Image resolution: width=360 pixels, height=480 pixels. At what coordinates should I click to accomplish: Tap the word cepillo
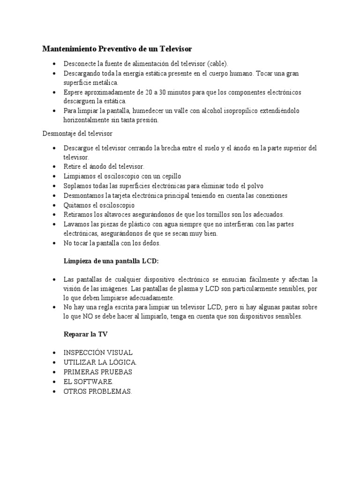[x=157, y=176]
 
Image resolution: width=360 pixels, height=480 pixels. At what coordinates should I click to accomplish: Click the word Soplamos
[x=78, y=186]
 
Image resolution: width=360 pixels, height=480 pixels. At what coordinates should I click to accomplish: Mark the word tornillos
[x=215, y=215]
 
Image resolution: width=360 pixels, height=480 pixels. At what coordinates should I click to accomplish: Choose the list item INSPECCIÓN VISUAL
[x=98, y=352]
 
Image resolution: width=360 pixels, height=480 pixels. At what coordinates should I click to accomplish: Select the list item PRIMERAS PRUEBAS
[x=97, y=372]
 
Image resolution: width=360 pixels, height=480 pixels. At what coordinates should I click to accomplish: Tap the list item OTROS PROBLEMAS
[x=98, y=391]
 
